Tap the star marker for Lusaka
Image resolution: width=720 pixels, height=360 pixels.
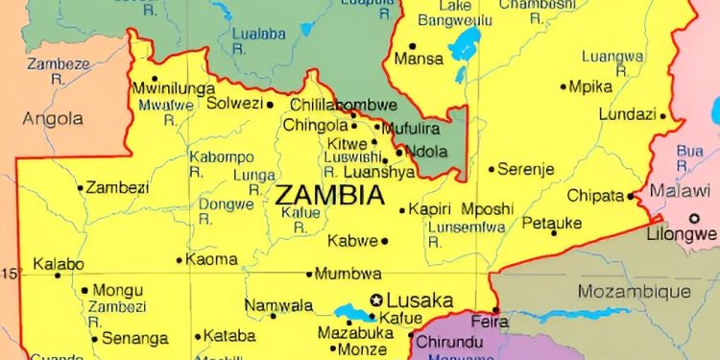[377, 299]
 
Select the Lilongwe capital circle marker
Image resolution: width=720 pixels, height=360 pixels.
[694, 218]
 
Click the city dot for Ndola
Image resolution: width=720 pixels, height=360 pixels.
[399, 152]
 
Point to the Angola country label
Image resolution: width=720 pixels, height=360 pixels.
[54, 119]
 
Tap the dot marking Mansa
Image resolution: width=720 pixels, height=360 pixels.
[412, 45]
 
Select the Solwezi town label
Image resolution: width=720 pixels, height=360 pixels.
[235, 104]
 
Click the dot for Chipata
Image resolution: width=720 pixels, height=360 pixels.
[631, 196]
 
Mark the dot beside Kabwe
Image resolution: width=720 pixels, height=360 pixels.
[384, 241]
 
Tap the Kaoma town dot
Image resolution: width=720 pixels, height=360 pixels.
[180, 259]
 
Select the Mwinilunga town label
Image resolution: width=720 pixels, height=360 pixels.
[172, 88]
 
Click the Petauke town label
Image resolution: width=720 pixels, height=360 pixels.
[552, 225]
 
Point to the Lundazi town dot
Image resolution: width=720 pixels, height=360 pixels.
[662, 115]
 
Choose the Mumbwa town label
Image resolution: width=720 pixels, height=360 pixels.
[348, 274]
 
